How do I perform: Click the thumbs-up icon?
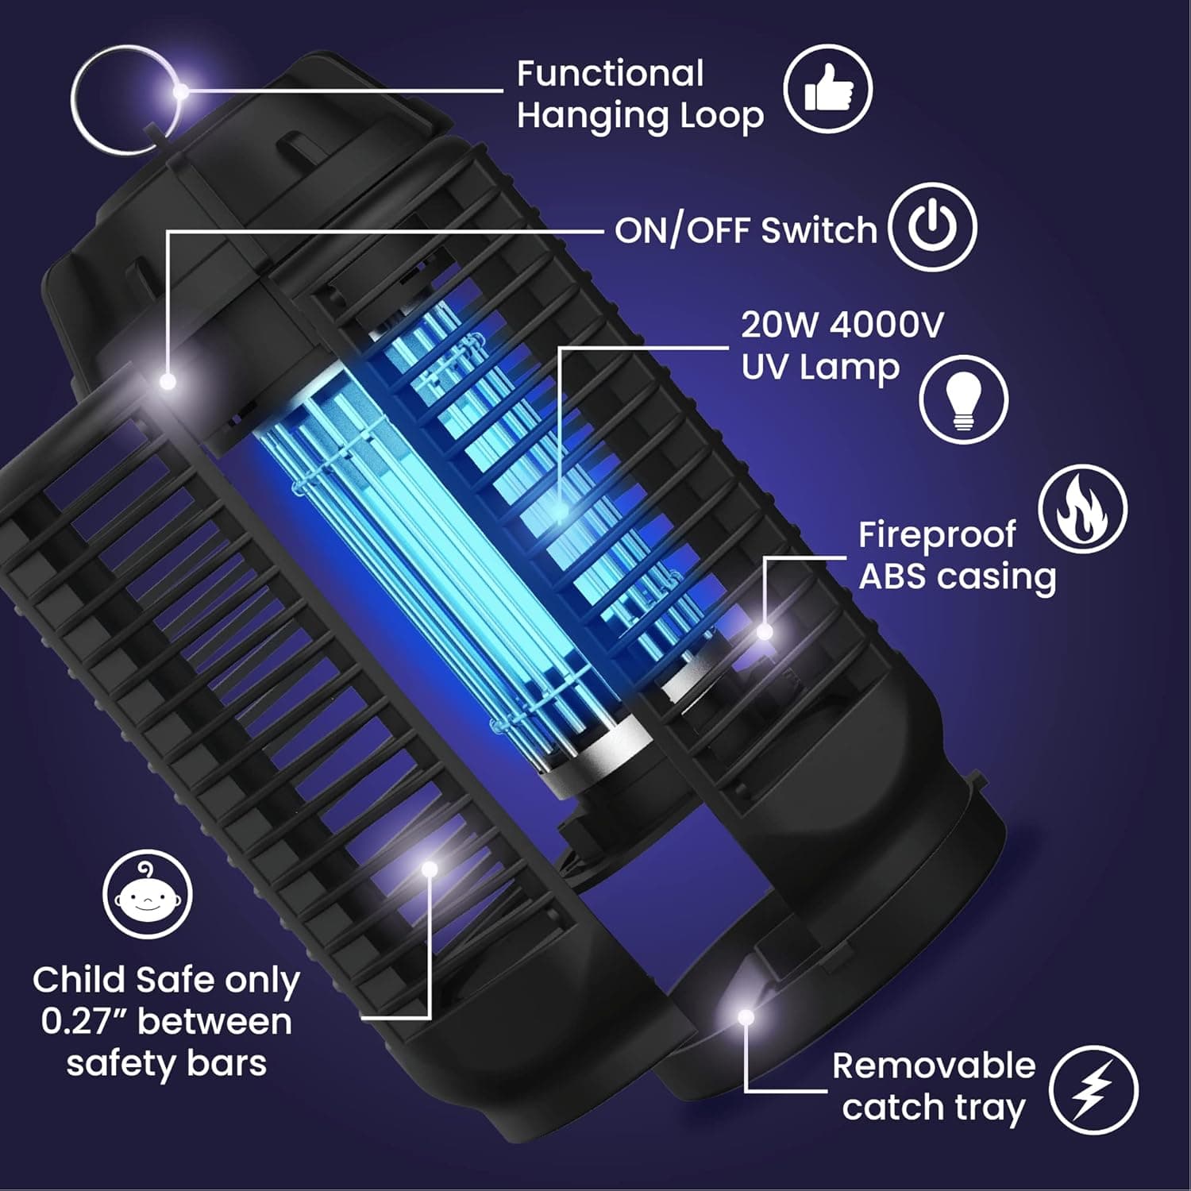pyautogui.click(x=828, y=88)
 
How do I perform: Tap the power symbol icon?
pyautogui.click(x=932, y=229)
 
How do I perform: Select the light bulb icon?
pyautogui.click(x=963, y=399)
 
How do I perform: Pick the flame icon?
pyautogui.click(x=1082, y=509)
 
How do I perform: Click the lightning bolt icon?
pyautogui.click(x=1093, y=1089)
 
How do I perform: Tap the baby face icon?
pyautogui.click(x=148, y=894)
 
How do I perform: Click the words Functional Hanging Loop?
pyautogui.click(x=639, y=94)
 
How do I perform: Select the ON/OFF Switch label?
pyautogui.click(x=745, y=231)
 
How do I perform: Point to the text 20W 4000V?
pyautogui.click(x=842, y=325)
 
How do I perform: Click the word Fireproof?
pyautogui.click(x=936, y=535)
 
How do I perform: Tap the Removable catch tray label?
pyautogui.click(x=933, y=1086)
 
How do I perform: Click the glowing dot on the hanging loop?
pyautogui.click(x=181, y=91)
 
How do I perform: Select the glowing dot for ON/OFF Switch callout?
pyautogui.click(x=168, y=382)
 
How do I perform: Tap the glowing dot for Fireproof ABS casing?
pyautogui.click(x=764, y=632)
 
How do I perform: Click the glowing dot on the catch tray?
pyautogui.click(x=745, y=1016)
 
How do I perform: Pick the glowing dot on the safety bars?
pyautogui.click(x=430, y=869)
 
